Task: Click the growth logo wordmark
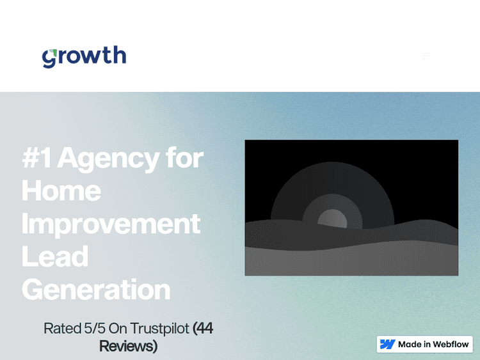(84, 56)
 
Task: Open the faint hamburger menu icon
(426, 56)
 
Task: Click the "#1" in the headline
(37, 158)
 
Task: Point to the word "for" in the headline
(184, 158)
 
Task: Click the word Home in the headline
(61, 191)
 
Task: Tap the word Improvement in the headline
(111, 224)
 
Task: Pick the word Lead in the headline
(55, 256)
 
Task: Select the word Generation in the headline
(96, 289)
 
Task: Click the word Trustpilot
(160, 329)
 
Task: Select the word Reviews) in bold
(128, 346)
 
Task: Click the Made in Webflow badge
(424, 344)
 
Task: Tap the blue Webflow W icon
(387, 344)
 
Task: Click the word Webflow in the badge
(451, 344)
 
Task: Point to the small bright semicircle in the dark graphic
(332, 219)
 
